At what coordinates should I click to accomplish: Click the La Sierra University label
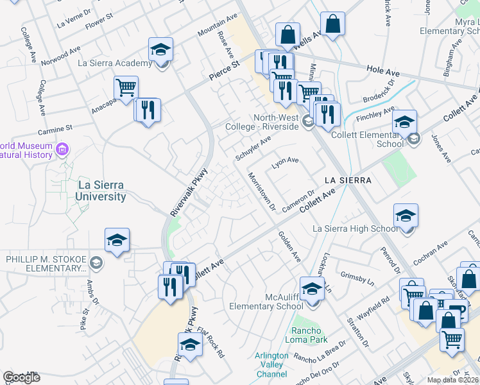(101, 191)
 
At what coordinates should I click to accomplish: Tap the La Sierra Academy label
(114, 63)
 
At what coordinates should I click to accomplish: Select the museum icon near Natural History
(62, 150)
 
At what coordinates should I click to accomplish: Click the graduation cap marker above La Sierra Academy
(161, 49)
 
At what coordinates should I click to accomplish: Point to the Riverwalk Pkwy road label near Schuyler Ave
(190, 191)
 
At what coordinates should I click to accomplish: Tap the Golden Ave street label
(289, 246)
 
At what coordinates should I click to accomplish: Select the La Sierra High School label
(355, 228)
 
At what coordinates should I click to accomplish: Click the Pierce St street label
(224, 71)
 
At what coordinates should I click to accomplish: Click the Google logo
(21, 377)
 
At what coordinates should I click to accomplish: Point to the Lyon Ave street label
(286, 162)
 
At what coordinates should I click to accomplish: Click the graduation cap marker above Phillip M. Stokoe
(117, 240)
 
